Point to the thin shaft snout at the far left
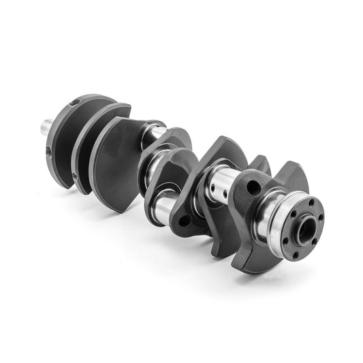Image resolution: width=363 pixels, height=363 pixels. pos(47,125)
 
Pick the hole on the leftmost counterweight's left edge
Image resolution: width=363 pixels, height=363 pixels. pos(52,151)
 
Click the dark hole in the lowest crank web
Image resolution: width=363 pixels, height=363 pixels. pos(184,220)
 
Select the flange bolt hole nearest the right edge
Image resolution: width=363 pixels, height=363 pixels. pos(320,219)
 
